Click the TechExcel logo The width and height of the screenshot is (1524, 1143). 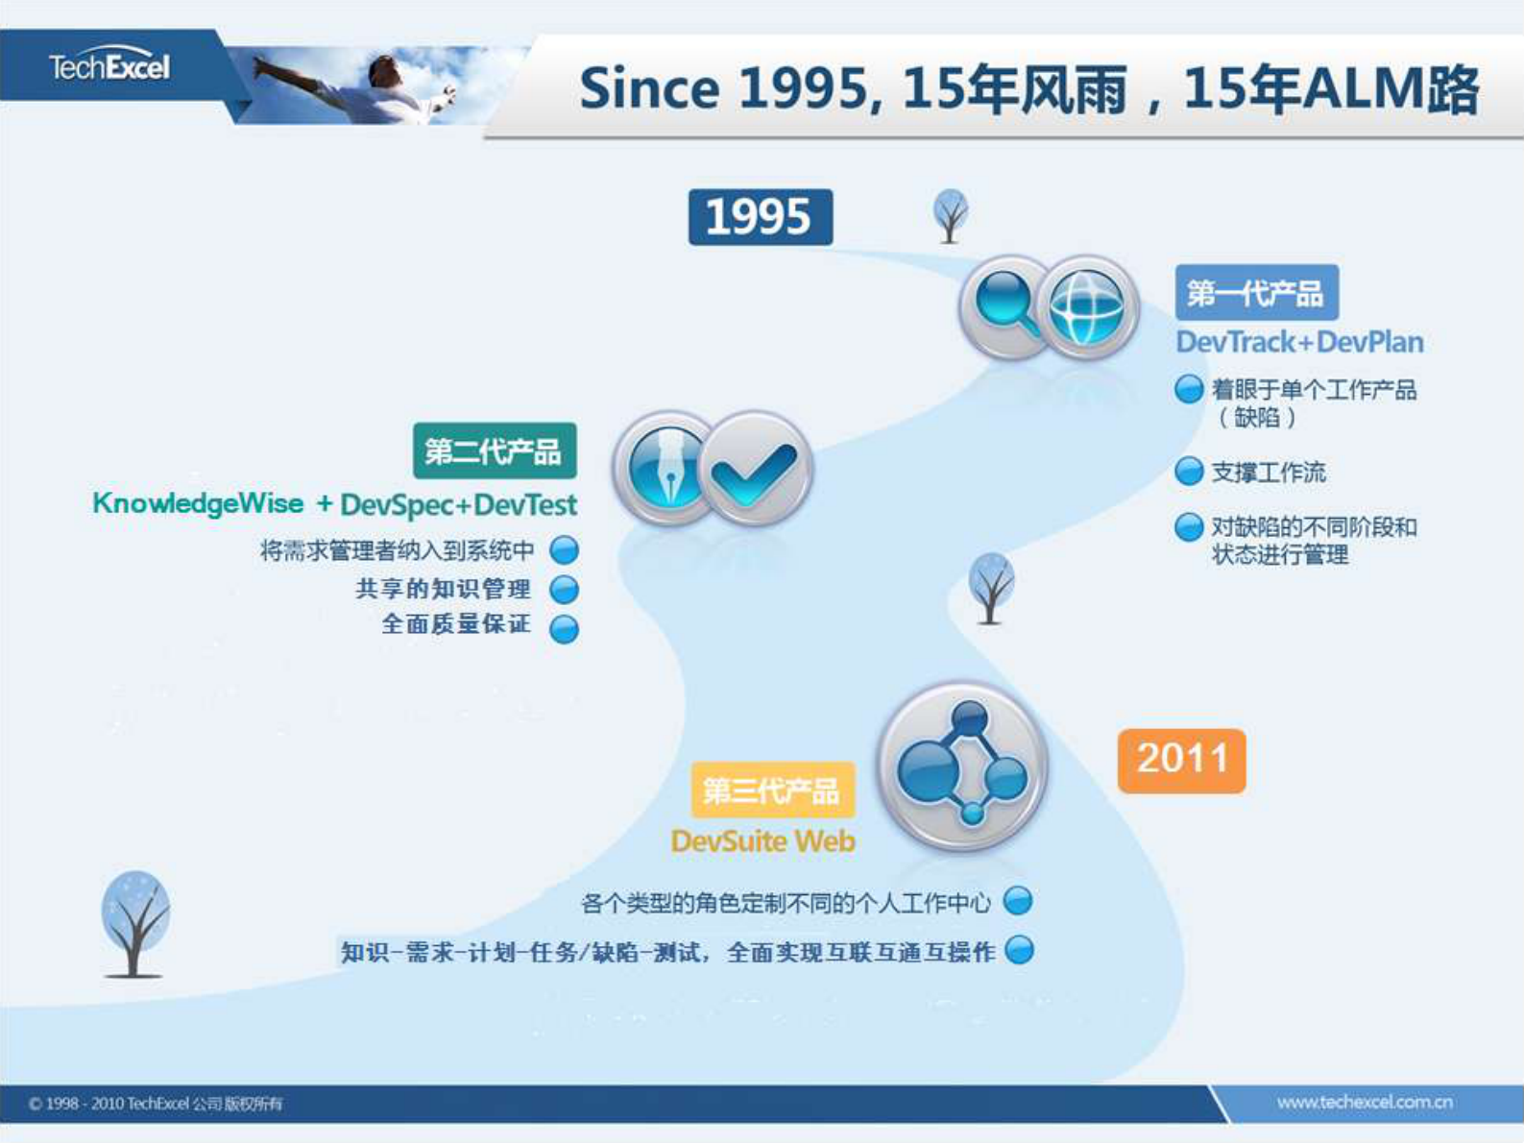[x=109, y=65]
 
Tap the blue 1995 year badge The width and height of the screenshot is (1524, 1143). [x=761, y=217]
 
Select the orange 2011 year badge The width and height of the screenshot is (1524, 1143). [x=1182, y=761]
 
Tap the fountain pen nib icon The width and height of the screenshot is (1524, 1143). [x=665, y=468]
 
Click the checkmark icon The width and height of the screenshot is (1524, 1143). [x=755, y=468]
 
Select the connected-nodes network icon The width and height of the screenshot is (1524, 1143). [x=963, y=766]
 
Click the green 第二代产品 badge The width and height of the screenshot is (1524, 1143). [x=495, y=450]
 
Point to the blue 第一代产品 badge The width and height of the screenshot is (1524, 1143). [x=1257, y=292]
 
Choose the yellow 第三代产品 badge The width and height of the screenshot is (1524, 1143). [x=773, y=790]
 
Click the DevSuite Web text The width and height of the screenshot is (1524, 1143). [x=763, y=841]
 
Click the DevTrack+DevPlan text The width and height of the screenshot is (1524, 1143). [x=1299, y=342]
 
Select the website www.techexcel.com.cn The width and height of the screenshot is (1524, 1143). [x=1365, y=1102]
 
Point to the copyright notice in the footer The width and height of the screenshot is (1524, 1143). [x=155, y=1104]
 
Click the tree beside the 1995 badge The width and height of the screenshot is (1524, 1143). [x=951, y=216]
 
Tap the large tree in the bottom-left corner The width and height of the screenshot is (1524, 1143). [x=134, y=924]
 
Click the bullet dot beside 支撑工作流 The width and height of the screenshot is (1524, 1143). [x=1189, y=472]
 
